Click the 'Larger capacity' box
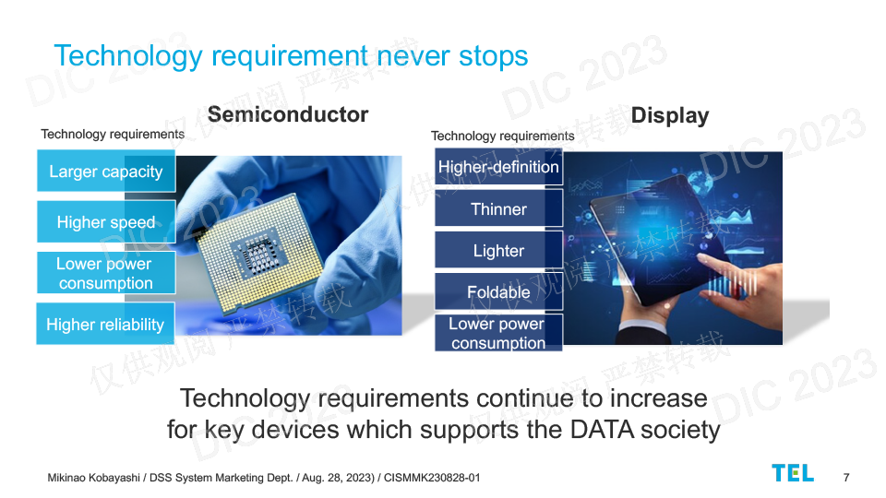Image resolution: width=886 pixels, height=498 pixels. click(x=106, y=171)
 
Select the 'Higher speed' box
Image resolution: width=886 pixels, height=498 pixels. click(x=106, y=221)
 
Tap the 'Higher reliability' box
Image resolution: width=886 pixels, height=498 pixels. click(x=105, y=324)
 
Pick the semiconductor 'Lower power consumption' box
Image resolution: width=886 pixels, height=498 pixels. click(x=106, y=273)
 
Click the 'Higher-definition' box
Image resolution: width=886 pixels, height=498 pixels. click(x=498, y=167)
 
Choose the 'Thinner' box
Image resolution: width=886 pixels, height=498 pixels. click(x=498, y=208)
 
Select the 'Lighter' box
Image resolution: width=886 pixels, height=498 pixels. click(x=498, y=250)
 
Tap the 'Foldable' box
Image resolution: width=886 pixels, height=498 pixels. click(x=498, y=291)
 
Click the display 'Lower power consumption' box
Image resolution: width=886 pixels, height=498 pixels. click(x=498, y=333)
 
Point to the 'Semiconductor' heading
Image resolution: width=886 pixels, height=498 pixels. click(x=288, y=114)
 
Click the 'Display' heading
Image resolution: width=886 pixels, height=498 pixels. click(x=670, y=116)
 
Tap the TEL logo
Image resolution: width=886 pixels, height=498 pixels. click(x=793, y=473)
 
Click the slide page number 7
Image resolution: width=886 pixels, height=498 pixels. click(x=846, y=478)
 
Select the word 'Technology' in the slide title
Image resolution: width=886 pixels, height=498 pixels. click(x=128, y=56)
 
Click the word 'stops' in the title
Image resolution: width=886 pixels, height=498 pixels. click(x=493, y=56)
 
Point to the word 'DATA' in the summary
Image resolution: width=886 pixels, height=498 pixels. click(x=603, y=430)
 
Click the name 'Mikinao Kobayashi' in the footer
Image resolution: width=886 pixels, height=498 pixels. click(x=94, y=478)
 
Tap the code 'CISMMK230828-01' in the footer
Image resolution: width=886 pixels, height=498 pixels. click(x=432, y=478)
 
